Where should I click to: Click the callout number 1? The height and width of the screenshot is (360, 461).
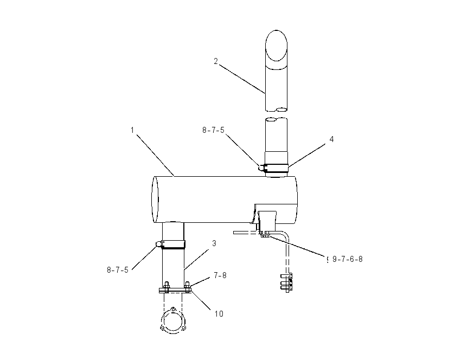coord(132,130)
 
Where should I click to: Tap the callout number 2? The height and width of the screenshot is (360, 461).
coord(216,61)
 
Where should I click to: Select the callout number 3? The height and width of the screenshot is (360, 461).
coord(214,243)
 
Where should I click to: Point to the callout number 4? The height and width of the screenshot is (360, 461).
coord(331,139)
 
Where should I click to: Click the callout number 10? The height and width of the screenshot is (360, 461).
coord(219,314)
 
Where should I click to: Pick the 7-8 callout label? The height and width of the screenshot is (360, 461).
coord(220,275)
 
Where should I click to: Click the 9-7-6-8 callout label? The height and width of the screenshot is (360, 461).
coord(348,259)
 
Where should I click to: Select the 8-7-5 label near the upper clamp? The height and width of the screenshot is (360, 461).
coord(213,130)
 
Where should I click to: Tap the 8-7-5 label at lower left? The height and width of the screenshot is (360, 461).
coord(118,270)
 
